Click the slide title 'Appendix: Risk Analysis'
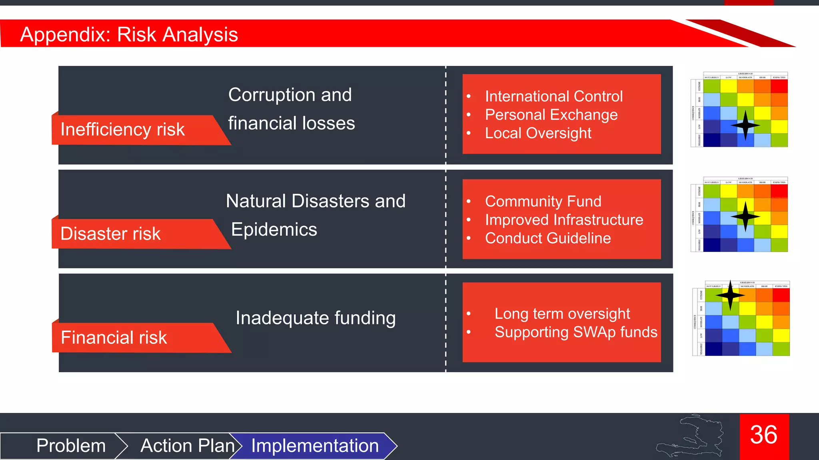pyautogui.click(x=129, y=34)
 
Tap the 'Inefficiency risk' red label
pyautogui.click(x=122, y=129)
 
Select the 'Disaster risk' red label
pyautogui.click(x=110, y=234)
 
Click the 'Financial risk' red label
pyautogui.click(x=114, y=337)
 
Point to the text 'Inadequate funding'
pyautogui.click(x=316, y=318)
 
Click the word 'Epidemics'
pyautogui.click(x=274, y=230)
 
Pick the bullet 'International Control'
pyautogui.click(x=553, y=96)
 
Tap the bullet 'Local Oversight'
pyautogui.click(x=538, y=133)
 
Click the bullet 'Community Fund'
pyautogui.click(x=543, y=201)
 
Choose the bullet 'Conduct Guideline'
pyautogui.click(x=548, y=238)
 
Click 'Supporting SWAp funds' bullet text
pyautogui.click(x=575, y=332)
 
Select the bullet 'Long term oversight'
pyautogui.click(x=562, y=314)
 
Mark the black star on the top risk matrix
pyautogui.click(x=745, y=125)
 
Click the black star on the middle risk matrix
pyautogui.click(x=745, y=217)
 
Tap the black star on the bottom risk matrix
pyautogui.click(x=730, y=295)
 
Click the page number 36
pyautogui.click(x=764, y=435)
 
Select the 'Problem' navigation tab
pyautogui.click(x=71, y=446)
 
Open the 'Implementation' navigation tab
pyautogui.click(x=315, y=446)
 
